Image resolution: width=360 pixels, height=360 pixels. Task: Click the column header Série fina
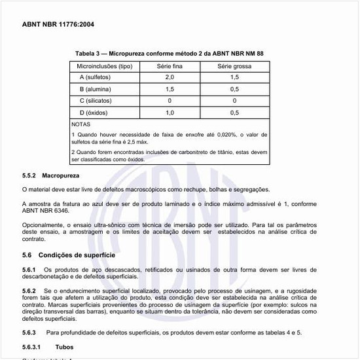click(x=169, y=67)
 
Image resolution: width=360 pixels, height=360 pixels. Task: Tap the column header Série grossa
click(x=234, y=67)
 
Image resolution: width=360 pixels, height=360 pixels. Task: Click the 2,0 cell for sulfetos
click(x=169, y=78)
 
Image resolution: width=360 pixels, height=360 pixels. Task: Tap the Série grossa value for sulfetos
click(x=234, y=78)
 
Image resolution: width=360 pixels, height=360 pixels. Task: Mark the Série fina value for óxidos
click(x=169, y=112)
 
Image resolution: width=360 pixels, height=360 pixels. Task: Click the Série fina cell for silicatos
click(x=169, y=100)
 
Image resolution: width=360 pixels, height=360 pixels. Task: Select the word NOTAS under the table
click(x=82, y=123)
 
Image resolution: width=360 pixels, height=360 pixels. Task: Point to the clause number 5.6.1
click(x=31, y=270)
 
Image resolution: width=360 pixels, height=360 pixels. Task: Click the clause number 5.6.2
click(x=31, y=289)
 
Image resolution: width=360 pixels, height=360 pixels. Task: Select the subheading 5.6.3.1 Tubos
click(x=48, y=347)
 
